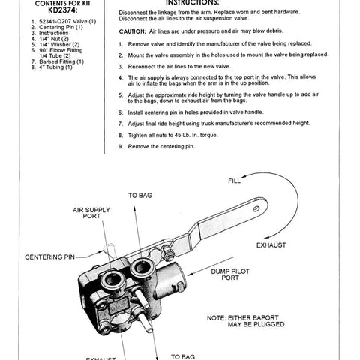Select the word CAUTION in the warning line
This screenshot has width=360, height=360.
136,33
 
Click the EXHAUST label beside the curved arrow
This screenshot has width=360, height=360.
271,244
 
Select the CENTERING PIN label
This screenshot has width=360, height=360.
49,257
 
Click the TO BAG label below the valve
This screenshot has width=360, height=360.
183,356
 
